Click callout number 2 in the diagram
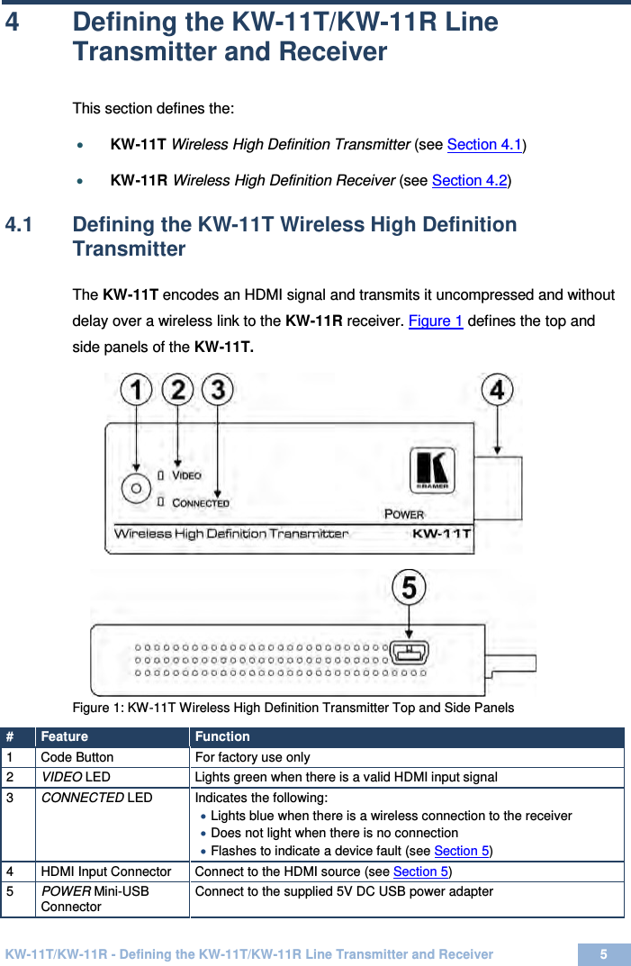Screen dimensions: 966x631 click(177, 391)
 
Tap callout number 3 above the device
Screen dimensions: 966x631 click(218, 391)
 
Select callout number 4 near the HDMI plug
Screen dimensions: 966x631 click(497, 391)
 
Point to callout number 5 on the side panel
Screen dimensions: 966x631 click(409, 589)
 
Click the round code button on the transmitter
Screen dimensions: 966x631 click(136, 487)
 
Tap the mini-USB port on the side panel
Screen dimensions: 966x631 click(410, 652)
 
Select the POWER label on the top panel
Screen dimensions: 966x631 click(404, 514)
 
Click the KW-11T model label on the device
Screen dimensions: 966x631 click(441, 533)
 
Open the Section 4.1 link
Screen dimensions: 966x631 click(485, 144)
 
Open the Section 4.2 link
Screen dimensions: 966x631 click(470, 180)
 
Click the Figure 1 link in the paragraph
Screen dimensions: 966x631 click(436, 320)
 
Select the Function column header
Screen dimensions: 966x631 click(222, 736)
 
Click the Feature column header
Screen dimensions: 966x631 click(64, 736)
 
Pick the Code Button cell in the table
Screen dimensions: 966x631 click(77, 757)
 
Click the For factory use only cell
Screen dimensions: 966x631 click(252, 757)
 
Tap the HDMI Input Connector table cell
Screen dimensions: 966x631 click(105, 871)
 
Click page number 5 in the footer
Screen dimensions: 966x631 click(603, 954)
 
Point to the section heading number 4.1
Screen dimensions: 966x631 click(20, 224)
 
